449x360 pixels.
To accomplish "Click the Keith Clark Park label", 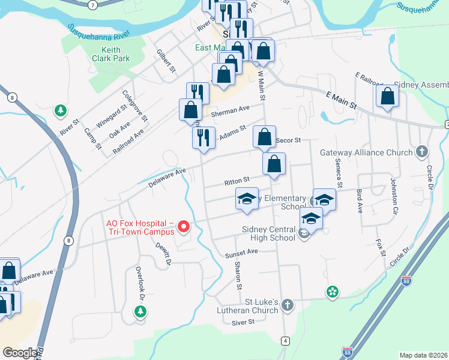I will click(107, 54).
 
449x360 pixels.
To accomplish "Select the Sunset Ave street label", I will click(241, 253).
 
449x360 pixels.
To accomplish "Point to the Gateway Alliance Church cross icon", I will click(422, 152).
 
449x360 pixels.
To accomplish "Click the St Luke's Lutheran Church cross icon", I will click(288, 305).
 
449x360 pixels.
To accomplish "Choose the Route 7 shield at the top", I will click(92, 5).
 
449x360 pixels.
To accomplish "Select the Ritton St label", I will click(236, 180).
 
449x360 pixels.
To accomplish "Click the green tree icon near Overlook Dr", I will click(140, 311).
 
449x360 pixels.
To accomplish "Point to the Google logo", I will click(20, 353).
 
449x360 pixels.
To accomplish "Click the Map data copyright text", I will click(423, 355).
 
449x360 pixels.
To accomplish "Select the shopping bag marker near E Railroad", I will click(387, 97).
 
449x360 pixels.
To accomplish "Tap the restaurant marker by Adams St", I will click(203, 138).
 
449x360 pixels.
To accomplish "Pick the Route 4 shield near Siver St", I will click(285, 341).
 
